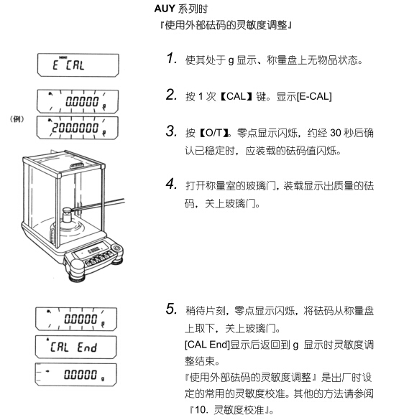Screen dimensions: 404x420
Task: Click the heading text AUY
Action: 165,9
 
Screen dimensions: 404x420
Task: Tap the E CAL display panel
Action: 78,65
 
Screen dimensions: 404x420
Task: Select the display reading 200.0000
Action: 75,128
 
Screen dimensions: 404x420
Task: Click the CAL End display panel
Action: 76,347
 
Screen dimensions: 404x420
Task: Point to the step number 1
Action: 171,58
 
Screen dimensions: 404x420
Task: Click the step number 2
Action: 171,95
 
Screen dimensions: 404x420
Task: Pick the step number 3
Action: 171,131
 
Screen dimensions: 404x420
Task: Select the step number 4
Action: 171,184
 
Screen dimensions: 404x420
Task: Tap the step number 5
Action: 171,309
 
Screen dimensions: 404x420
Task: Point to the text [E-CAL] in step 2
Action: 314,96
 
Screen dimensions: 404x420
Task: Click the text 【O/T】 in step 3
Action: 214,133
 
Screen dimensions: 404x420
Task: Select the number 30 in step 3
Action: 336,133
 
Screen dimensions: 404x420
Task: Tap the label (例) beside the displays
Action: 17,119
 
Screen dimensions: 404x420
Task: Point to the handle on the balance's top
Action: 78,166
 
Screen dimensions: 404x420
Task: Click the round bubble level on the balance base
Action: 116,248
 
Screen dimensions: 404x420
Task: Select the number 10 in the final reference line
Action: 200,410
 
